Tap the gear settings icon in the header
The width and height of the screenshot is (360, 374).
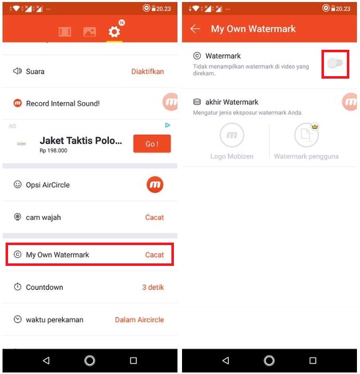click(x=114, y=31)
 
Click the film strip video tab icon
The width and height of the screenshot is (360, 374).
click(x=65, y=32)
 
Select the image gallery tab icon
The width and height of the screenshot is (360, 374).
click(x=90, y=32)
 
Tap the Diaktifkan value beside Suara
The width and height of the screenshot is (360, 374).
click(x=148, y=72)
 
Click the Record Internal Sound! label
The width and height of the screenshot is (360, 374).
click(x=63, y=104)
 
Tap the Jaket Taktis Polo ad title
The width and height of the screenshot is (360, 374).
click(x=81, y=141)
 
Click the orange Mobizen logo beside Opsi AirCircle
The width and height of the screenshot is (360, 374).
click(x=155, y=185)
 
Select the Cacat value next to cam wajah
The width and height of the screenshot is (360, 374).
click(x=154, y=217)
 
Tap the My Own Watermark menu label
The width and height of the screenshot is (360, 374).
click(x=57, y=255)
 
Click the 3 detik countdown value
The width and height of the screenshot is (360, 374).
click(x=153, y=287)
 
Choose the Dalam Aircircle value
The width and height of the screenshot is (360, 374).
click(x=139, y=320)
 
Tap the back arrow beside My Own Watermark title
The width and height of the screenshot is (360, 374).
click(x=195, y=29)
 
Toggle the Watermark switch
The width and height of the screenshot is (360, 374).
click(x=335, y=63)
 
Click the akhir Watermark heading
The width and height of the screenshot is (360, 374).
click(x=232, y=102)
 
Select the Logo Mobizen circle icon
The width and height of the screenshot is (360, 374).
click(x=232, y=135)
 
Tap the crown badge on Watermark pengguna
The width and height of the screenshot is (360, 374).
click(x=315, y=126)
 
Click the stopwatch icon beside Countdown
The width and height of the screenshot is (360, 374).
click(x=18, y=287)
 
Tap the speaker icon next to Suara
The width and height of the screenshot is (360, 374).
click(x=17, y=71)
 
